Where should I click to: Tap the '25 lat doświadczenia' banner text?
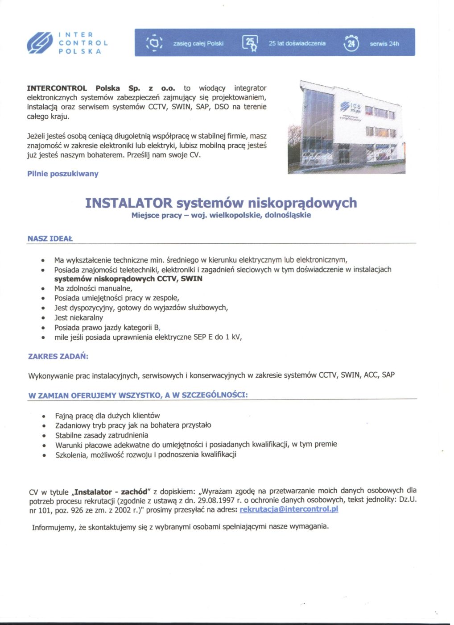(297, 43)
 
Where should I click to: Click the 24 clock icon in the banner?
(351, 44)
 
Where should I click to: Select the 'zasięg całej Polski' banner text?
(198, 43)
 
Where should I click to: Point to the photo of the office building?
(347, 127)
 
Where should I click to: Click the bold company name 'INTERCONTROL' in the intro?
(57, 88)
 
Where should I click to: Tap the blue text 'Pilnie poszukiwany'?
(63, 174)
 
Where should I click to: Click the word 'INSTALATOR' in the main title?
(128, 203)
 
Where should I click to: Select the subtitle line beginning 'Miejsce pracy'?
(221, 215)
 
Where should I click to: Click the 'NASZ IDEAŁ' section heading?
(50, 238)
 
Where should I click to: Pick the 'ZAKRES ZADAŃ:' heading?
(58, 356)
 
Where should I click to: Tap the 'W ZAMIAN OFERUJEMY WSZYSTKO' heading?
(138, 395)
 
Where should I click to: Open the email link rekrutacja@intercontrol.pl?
(289, 509)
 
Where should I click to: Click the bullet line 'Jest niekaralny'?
(78, 317)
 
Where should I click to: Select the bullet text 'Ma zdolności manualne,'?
(93, 288)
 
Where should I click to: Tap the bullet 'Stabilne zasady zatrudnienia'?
(102, 435)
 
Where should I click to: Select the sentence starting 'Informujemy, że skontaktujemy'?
(180, 527)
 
